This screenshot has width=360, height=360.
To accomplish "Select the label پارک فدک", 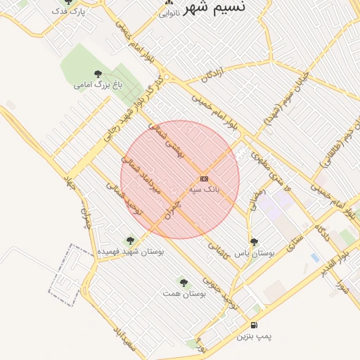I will [x=69, y=13].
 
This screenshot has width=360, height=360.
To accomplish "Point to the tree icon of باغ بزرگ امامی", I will [x=97, y=74].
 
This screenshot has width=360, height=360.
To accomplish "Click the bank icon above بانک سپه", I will [x=204, y=179].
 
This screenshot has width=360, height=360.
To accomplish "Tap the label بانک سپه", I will [x=205, y=190].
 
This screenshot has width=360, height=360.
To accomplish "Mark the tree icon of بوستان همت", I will [x=184, y=282].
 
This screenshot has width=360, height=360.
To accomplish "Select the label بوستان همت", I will [x=184, y=292].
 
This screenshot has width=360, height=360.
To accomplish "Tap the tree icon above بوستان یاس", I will [x=254, y=241].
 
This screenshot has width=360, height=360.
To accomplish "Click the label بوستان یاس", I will [x=254, y=252].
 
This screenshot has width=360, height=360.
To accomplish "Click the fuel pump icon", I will [x=254, y=326].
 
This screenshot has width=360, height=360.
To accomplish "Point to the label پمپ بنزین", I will [x=253, y=337].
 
